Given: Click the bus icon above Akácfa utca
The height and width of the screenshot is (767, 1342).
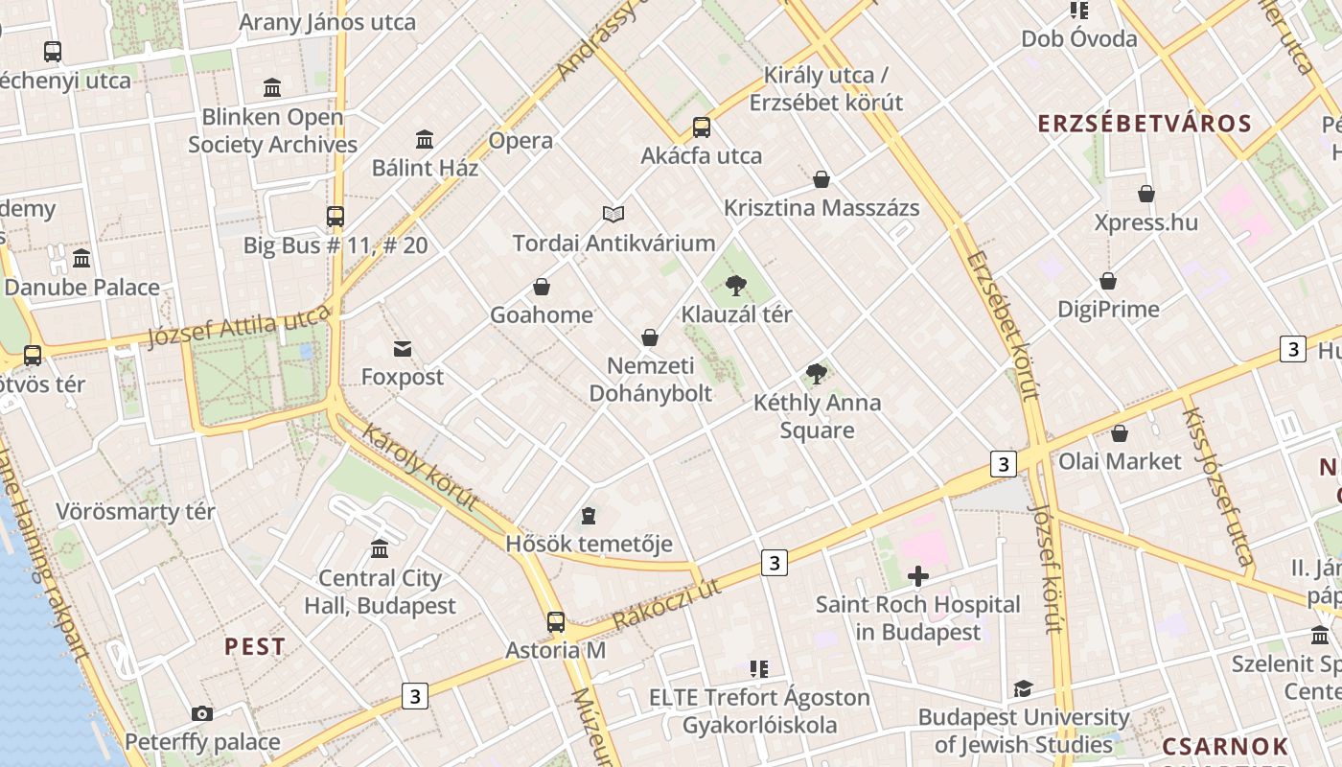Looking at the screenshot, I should (702, 128).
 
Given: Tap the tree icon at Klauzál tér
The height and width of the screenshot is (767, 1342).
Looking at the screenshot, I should (736, 285).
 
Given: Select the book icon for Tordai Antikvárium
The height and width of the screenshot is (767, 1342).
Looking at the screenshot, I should (613, 214).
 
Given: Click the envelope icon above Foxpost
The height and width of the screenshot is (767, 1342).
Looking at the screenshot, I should (403, 349).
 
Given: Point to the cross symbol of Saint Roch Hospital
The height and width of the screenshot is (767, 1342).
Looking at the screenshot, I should (918, 576).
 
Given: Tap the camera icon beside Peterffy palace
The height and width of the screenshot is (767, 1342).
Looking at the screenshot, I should (201, 713).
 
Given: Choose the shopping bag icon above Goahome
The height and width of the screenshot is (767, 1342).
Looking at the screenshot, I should (542, 287).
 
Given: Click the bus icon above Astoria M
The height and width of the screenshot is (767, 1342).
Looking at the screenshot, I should (556, 621).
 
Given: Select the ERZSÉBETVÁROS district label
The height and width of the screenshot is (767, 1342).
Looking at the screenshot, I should (1145, 124).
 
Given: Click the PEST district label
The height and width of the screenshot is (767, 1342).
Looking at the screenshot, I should (255, 646).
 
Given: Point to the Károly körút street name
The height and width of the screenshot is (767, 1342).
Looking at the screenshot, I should (420, 467).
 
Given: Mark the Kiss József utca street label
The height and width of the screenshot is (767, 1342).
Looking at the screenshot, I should (1217, 486).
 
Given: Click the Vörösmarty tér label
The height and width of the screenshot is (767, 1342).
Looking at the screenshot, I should (135, 511).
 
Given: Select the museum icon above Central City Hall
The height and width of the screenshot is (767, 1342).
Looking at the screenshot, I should (380, 549).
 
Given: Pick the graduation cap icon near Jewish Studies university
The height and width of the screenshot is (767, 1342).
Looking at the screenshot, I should (1023, 689).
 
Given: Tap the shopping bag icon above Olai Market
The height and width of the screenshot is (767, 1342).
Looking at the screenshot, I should (1119, 433).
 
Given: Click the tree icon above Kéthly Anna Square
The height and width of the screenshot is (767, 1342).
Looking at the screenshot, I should (817, 374).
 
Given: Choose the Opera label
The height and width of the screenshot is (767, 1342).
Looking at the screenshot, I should (521, 141).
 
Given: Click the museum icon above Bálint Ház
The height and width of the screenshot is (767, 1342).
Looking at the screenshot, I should (425, 140).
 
